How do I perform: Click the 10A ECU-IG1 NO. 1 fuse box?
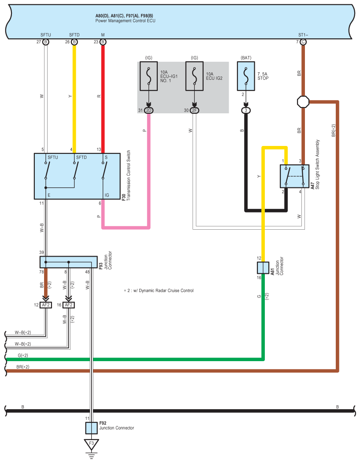[148, 76]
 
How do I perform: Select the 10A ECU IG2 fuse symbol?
[194, 76]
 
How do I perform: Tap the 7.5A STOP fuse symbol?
[246, 76]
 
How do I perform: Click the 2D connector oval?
[149, 110]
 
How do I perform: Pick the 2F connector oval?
[194, 110]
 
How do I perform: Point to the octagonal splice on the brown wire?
[303, 102]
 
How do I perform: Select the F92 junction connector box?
[91, 428]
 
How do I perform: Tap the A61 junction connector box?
[263, 268]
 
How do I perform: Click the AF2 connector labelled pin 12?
[46, 305]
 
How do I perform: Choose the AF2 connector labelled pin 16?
[68, 305]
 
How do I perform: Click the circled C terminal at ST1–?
[303, 42]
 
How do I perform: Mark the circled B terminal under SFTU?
[46, 42]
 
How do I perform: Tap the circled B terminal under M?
[103, 42]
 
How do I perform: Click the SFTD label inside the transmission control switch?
[82, 157]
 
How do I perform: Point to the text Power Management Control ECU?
[125, 21]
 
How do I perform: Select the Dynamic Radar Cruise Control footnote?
[159, 291]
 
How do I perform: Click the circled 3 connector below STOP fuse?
[246, 110]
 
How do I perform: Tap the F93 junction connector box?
[68, 262]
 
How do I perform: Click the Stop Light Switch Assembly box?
[294, 176]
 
